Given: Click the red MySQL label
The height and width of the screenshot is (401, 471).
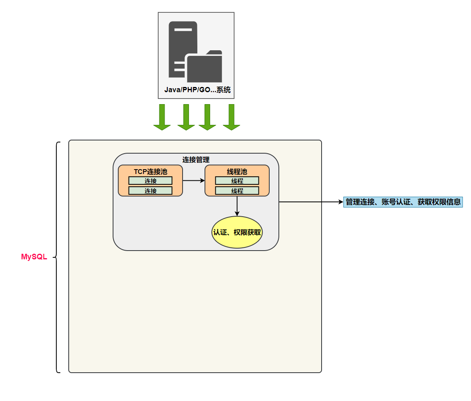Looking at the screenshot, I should (34, 257).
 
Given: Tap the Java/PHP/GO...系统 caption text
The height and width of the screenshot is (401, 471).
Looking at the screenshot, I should (197, 90).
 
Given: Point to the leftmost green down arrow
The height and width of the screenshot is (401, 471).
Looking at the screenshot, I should (162, 117).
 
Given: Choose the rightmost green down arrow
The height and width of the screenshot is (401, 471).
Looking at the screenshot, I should (231, 117).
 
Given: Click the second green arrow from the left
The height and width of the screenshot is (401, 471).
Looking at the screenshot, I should (186, 117).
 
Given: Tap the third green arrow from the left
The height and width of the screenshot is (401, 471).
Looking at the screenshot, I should (207, 117).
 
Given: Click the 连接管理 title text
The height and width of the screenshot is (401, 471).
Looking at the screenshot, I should (196, 160).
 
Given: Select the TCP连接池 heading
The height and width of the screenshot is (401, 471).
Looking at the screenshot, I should (150, 172).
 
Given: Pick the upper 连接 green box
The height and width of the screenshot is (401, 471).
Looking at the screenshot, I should (150, 181).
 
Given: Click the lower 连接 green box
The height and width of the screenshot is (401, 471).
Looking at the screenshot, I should (150, 191).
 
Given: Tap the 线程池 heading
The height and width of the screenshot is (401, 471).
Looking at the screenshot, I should (237, 172).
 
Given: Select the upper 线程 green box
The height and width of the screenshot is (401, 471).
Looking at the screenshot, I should (237, 181).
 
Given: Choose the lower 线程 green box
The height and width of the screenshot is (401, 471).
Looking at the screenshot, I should (237, 191).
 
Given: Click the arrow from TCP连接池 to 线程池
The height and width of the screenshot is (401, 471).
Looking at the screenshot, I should (194, 181).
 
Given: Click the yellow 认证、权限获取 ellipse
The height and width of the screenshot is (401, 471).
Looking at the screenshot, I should (237, 232).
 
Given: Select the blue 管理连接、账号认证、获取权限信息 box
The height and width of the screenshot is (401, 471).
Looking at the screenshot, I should (403, 202).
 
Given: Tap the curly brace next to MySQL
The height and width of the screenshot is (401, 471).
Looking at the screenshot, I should (57, 257).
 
